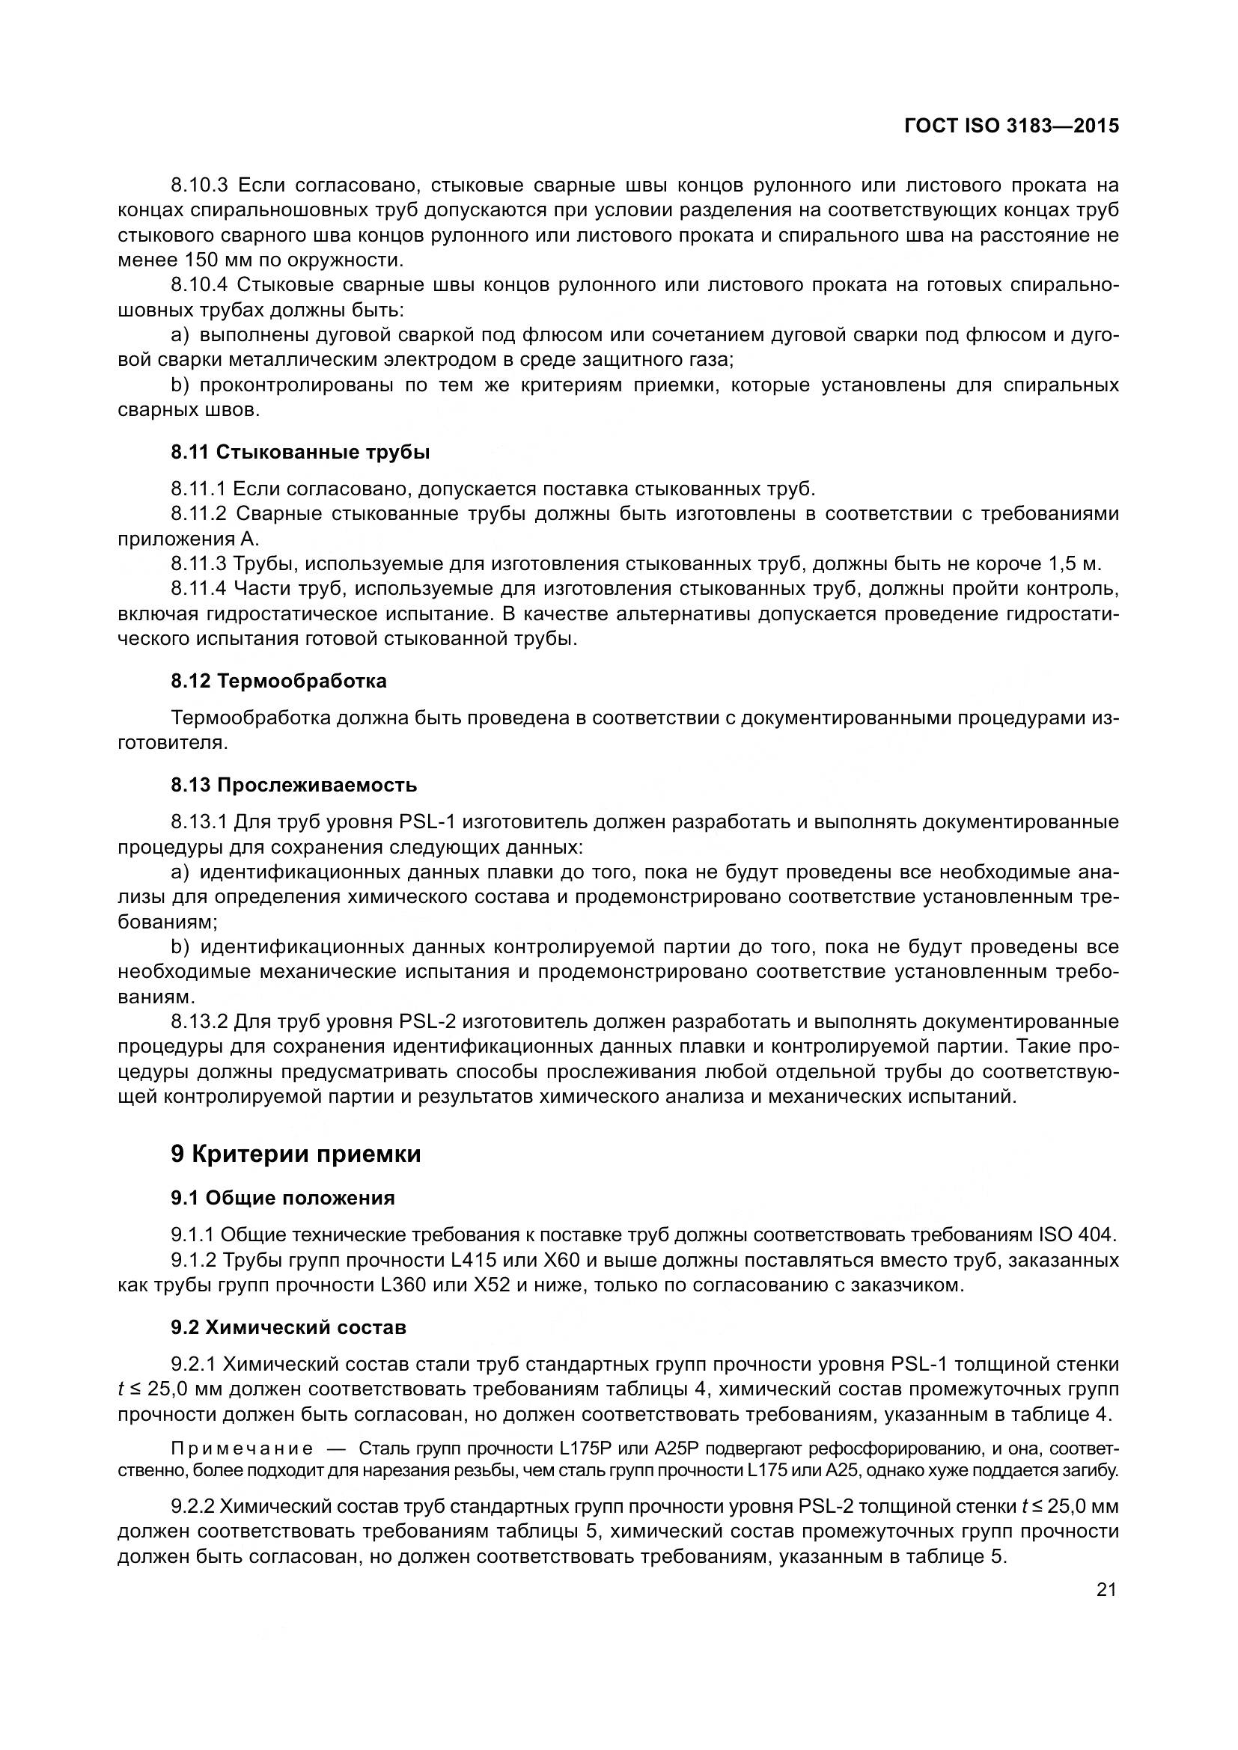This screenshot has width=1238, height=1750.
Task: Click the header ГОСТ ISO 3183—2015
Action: coord(1012,126)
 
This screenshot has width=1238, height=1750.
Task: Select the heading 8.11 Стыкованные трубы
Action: coord(300,452)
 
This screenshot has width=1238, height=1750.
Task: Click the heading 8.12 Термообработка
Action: coord(279,681)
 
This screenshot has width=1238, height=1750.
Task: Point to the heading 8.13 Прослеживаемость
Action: coord(294,784)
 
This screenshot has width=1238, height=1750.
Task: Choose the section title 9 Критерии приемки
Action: coord(296,1154)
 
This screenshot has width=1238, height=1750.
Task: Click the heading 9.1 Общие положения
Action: coord(283,1198)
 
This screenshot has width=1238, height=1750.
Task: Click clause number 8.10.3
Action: coord(200,186)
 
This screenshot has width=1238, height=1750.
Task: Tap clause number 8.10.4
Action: coord(200,285)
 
